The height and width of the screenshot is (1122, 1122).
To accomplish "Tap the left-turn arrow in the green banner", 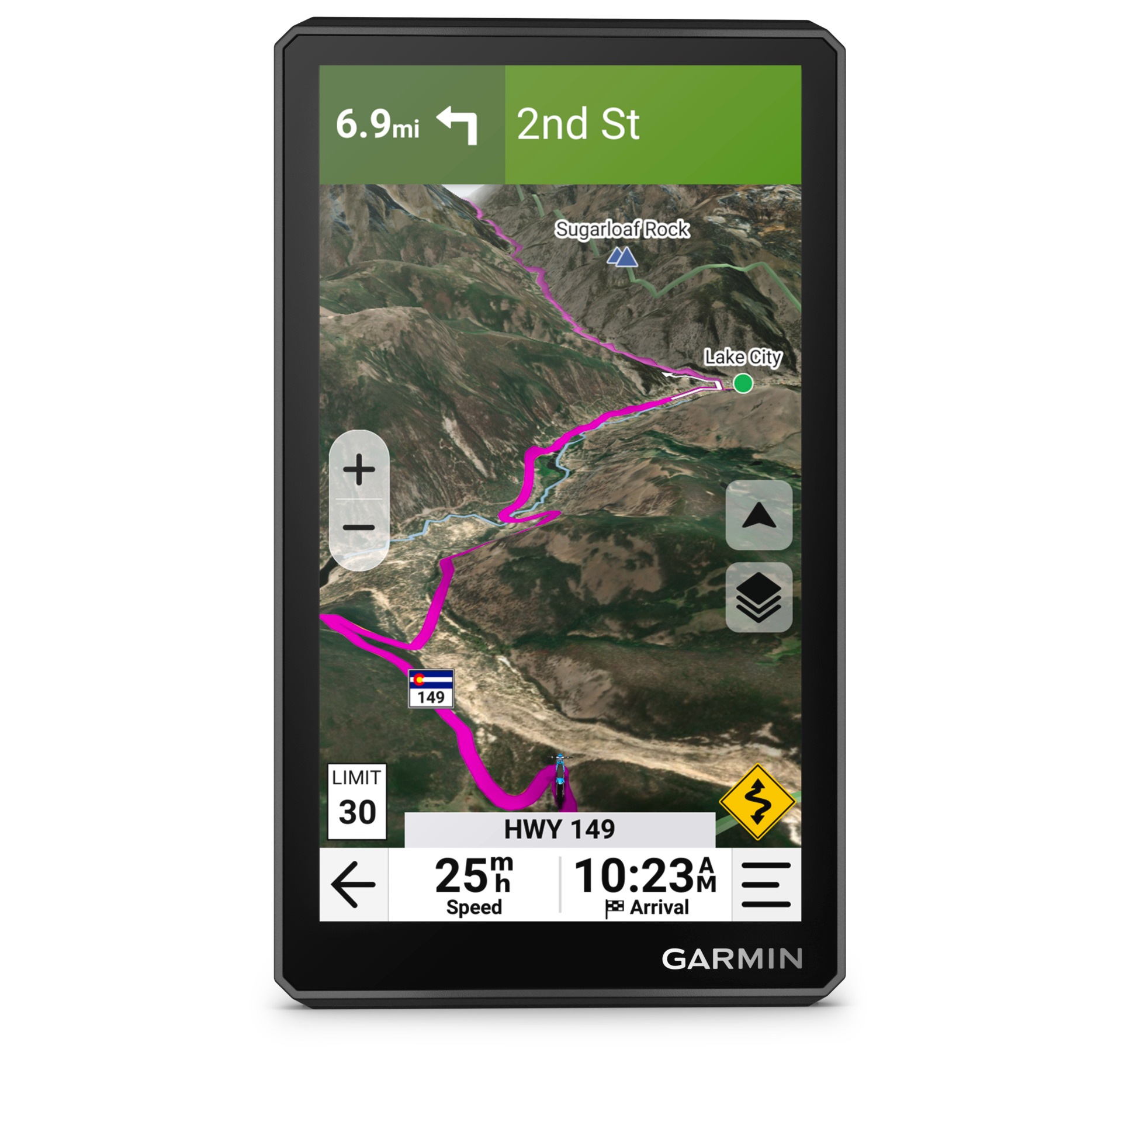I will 458,124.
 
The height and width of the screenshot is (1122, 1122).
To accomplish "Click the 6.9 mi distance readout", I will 378,124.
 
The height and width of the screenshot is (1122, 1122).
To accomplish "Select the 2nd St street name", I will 578,124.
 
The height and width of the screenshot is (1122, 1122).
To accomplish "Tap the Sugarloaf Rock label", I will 622,229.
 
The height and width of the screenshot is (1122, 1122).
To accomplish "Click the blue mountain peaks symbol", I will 622,257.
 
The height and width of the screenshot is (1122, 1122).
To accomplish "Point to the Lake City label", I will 742,356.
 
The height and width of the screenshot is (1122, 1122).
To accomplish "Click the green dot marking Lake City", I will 743,383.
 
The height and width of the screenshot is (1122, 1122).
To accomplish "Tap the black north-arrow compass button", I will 759,515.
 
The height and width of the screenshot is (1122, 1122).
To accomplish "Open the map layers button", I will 759,597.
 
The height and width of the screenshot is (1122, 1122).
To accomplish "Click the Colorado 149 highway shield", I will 431,689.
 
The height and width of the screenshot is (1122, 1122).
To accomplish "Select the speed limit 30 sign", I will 356,801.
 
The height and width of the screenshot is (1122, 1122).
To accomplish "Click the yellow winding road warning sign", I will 757,802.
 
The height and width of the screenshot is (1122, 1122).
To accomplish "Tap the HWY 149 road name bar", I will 559,829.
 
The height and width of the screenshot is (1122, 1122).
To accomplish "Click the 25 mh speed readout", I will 474,884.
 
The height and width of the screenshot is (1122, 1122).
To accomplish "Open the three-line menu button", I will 766,884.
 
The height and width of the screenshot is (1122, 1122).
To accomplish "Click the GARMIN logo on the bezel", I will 731,960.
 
